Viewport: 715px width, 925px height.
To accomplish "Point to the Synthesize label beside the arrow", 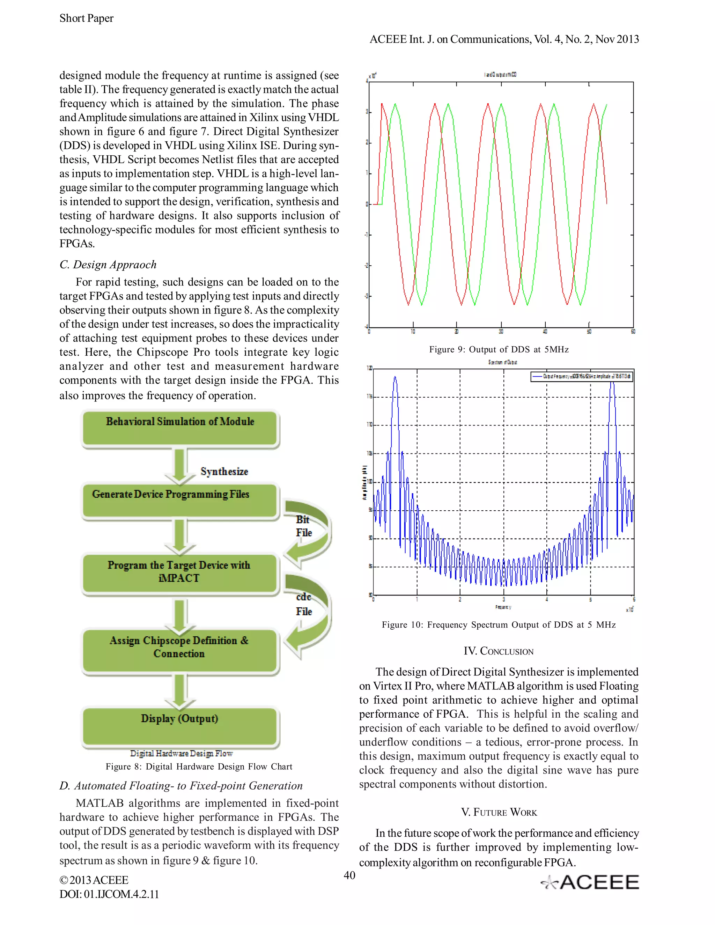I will (224, 471).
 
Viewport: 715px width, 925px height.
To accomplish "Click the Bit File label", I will (304, 526).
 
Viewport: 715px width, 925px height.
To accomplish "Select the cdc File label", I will (304, 604).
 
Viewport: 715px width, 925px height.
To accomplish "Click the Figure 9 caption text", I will (499, 349).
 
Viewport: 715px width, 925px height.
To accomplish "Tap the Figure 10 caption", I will (499, 625).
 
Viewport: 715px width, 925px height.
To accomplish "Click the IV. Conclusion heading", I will (499, 651).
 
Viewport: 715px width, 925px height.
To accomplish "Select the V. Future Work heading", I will (499, 812).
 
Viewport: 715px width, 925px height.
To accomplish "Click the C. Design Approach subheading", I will (108, 265).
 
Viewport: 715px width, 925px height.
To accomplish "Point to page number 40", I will (349, 875).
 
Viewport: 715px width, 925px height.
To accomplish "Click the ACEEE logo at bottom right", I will (590, 882).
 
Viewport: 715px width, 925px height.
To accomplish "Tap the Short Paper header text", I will (87, 18).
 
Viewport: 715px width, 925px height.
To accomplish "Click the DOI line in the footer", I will (109, 894).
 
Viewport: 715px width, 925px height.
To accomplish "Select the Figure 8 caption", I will (199, 767).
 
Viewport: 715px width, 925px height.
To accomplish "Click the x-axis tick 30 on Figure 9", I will (501, 332).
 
